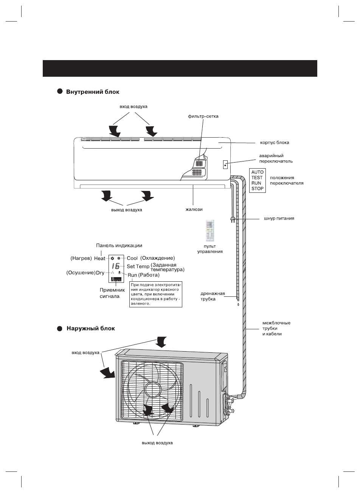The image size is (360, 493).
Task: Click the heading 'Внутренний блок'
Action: [x=93, y=91]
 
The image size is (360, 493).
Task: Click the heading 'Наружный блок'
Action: [x=91, y=329]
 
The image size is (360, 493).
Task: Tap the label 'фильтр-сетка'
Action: [x=203, y=116]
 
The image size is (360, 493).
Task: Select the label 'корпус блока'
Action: [x=275, y=143]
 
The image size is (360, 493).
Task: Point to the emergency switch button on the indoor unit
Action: [x=225, y=164]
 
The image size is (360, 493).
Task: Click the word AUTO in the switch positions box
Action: [x=258, y=172]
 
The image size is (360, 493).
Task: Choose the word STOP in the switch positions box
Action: [x=258, y=188]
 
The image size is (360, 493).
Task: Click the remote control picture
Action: [x=209, y=231]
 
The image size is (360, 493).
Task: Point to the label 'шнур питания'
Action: [x=279, y=219]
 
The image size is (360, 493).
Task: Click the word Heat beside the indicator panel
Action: [x=100, y=259]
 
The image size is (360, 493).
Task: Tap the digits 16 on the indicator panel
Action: [x=116, y=266]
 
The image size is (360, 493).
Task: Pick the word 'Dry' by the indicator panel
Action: [x=100, y=273]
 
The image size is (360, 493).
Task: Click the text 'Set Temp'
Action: [x=138, y=267]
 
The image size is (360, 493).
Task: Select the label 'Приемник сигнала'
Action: [x=110, y=293]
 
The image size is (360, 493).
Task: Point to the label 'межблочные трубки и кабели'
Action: [x=276, y=329]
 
